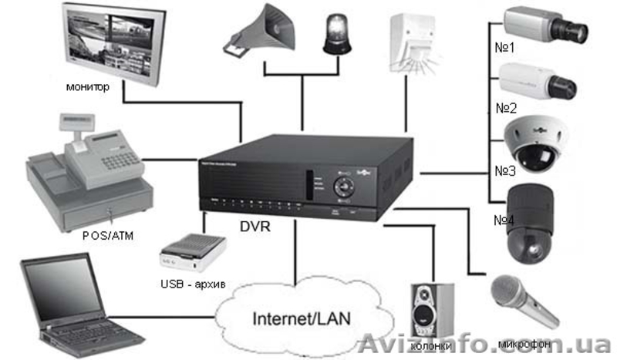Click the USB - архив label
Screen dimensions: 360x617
tap(193, 284)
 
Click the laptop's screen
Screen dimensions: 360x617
tap(62, 283)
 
